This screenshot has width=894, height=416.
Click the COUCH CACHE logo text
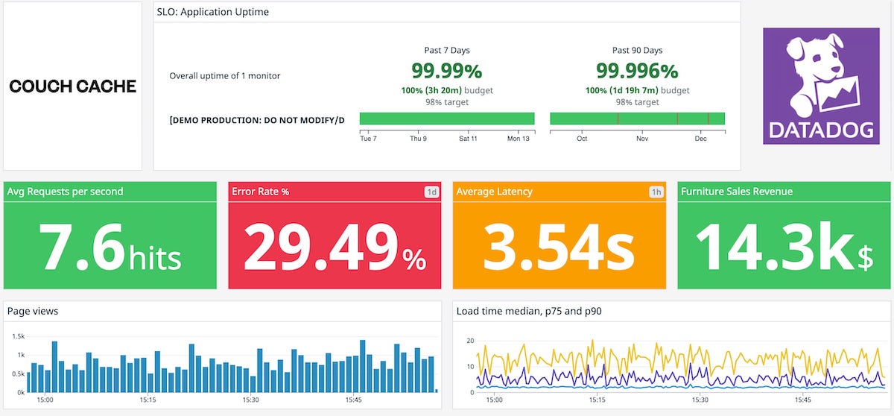pos(72,86)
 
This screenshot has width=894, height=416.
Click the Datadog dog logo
pos(821,86)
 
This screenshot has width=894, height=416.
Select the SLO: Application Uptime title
pos(212,12)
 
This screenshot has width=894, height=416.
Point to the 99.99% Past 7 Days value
pos(446,71)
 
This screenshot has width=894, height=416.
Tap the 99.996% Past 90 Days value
pos(637,71)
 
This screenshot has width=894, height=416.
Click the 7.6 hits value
pos(110,248)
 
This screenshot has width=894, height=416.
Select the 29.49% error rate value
pos(335,248)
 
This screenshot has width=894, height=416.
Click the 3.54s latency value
pos(559,248)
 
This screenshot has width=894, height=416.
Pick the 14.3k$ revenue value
pos(784,248)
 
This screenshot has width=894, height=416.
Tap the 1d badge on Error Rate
pos(431,192)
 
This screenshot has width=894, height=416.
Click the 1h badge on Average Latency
pos(656,192)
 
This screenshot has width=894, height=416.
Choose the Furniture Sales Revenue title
pos(736,192)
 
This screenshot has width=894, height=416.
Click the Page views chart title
pos(33,311)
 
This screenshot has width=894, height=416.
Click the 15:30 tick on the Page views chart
pos(250,400)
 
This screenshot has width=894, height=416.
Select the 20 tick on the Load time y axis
pos(469,341)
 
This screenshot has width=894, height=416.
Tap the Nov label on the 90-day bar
pos(641,139)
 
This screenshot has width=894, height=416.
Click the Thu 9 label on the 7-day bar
pos(418,139)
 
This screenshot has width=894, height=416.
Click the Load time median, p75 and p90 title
pos(528,311)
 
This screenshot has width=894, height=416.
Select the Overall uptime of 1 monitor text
pos(225,76)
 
